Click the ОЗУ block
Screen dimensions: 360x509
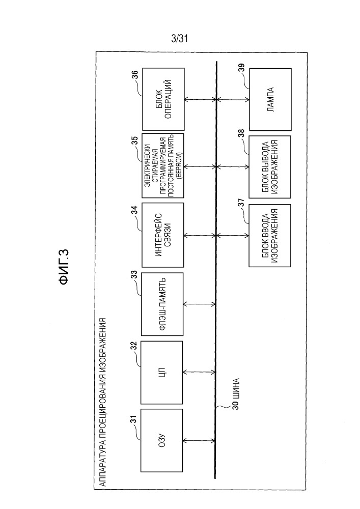click(x=161, y=440)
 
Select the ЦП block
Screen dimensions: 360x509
click(x=161, y=373)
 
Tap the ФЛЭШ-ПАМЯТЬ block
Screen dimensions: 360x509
click(x=162, y=304)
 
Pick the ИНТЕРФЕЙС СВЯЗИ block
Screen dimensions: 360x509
click(x=163, y=235)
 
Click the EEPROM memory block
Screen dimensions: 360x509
click(x=163, y=165)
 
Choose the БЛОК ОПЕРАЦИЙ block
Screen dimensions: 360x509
click(x=163, y=99)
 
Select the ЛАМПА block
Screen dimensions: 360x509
click(x=270, y=99)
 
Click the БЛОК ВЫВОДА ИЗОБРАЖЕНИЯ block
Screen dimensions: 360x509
click(x=270, y=167)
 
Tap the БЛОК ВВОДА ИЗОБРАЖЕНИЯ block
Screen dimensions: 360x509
click(x=270, y=235)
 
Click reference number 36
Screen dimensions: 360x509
click(x=135, y=75)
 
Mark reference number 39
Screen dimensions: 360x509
click(x=242, y=73)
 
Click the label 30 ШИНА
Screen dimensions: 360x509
click(x=236, y=393)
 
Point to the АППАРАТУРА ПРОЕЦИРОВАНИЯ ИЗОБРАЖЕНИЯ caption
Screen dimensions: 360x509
click(x=102, y=402)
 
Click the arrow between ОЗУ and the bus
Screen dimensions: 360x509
click(x=199, y=441)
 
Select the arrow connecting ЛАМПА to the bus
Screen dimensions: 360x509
click(x=233, y=99)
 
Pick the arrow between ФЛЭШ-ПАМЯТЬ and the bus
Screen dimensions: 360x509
click(x=199, y=304)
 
